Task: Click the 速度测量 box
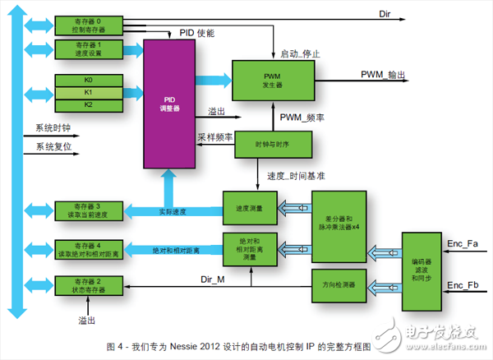pos(248,209)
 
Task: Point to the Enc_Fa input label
pos(460,244)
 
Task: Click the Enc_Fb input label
pos(460,285)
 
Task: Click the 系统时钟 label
pos(53,129)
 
